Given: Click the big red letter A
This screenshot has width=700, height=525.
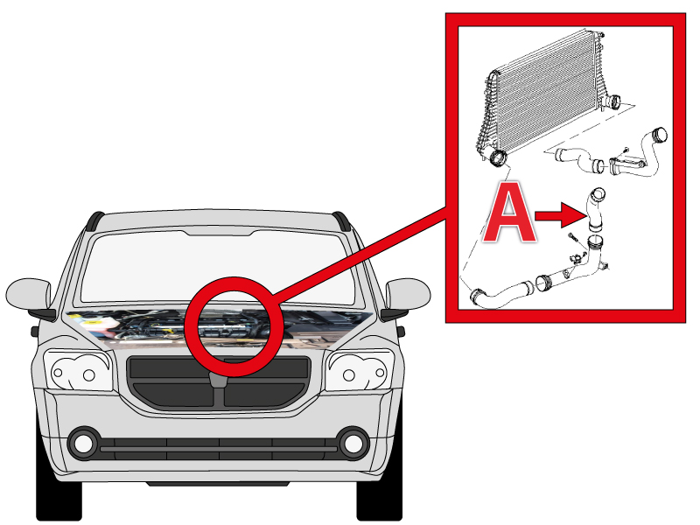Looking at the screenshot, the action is [x=511, y=213].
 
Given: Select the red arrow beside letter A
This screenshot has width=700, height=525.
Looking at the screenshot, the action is [x=561, y=216].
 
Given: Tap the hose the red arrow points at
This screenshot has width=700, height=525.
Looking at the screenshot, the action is [x=595, y=210].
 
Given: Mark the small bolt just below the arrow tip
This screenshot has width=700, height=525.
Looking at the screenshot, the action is [x=573, y=237].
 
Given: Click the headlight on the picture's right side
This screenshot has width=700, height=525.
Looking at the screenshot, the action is [x=360, y=371].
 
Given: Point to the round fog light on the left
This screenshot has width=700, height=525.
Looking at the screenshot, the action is [x=83, y=444].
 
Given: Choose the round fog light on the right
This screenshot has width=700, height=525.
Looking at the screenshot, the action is [x=353, y=444].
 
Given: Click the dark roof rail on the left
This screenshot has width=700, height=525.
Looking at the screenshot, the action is [x=94, y=220].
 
